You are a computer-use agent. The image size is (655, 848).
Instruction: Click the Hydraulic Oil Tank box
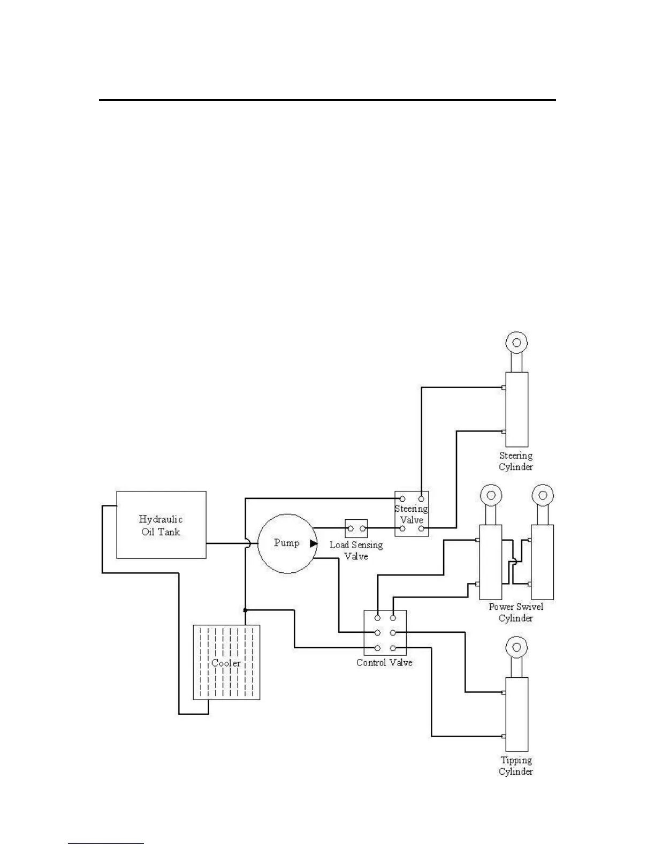click(161, 525)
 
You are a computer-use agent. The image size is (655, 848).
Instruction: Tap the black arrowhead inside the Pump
click(314, 543)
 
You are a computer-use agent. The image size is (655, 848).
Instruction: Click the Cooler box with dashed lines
click(226, 662)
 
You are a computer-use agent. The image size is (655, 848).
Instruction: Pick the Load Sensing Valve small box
click(356, 528)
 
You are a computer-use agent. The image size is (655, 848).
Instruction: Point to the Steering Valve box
click(412, 513)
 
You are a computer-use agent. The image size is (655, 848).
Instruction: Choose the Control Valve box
click(385, 633)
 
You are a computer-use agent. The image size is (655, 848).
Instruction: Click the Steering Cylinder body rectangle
click(517, 410)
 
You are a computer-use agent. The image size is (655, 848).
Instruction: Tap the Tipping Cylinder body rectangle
click(516, 714)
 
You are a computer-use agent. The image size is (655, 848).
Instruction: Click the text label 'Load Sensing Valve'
click(356, 550)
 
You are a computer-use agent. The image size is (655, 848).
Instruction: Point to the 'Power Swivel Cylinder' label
click(516, 612)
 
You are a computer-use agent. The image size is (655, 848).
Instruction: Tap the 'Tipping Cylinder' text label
click(516, 766)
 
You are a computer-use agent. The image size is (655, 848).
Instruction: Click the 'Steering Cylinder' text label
click(516, 461)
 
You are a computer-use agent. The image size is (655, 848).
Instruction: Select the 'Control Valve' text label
click(384, 663)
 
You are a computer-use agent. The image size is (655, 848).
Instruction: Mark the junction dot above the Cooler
click(245, 610)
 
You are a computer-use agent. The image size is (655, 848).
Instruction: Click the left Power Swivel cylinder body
click(491, 562)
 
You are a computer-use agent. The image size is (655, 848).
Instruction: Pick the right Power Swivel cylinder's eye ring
click(543, 494)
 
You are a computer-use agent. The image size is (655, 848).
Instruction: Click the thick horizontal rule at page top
click(327, 100)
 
